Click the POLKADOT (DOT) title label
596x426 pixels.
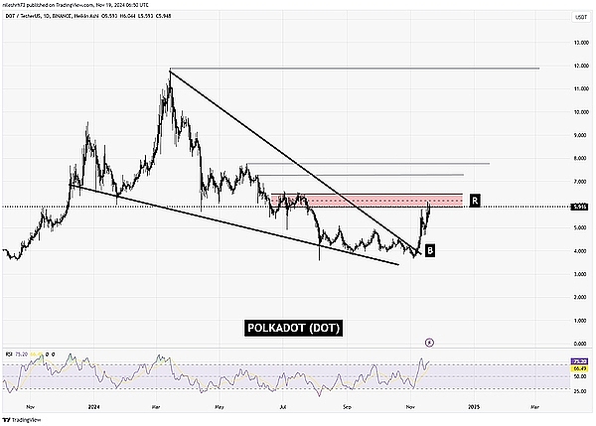(293, 329)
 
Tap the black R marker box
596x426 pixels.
(476, 201)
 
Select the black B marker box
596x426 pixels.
(429, 251)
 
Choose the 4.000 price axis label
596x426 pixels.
(570, 251)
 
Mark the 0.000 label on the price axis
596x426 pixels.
(570, 344)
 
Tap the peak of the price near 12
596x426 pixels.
(170, 71)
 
